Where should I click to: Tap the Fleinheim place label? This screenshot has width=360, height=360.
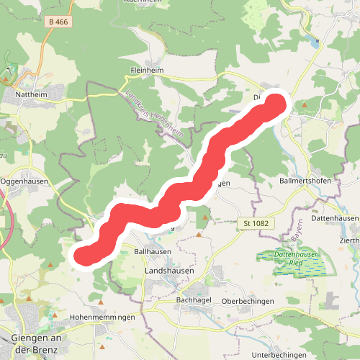(x=147, y=71)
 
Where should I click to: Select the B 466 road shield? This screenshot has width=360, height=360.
(x=58, y=22)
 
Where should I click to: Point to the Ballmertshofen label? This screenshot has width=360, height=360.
(x=305, y=181)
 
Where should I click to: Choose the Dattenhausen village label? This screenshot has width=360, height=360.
(x=335, y=217)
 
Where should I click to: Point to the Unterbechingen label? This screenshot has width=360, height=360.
(x=281, y=355)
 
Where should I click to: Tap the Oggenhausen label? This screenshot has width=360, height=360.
(x=24, y=181)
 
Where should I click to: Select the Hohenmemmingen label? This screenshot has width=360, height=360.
(x=103, y=317)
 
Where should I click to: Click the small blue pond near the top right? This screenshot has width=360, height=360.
(x=315, y=42)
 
